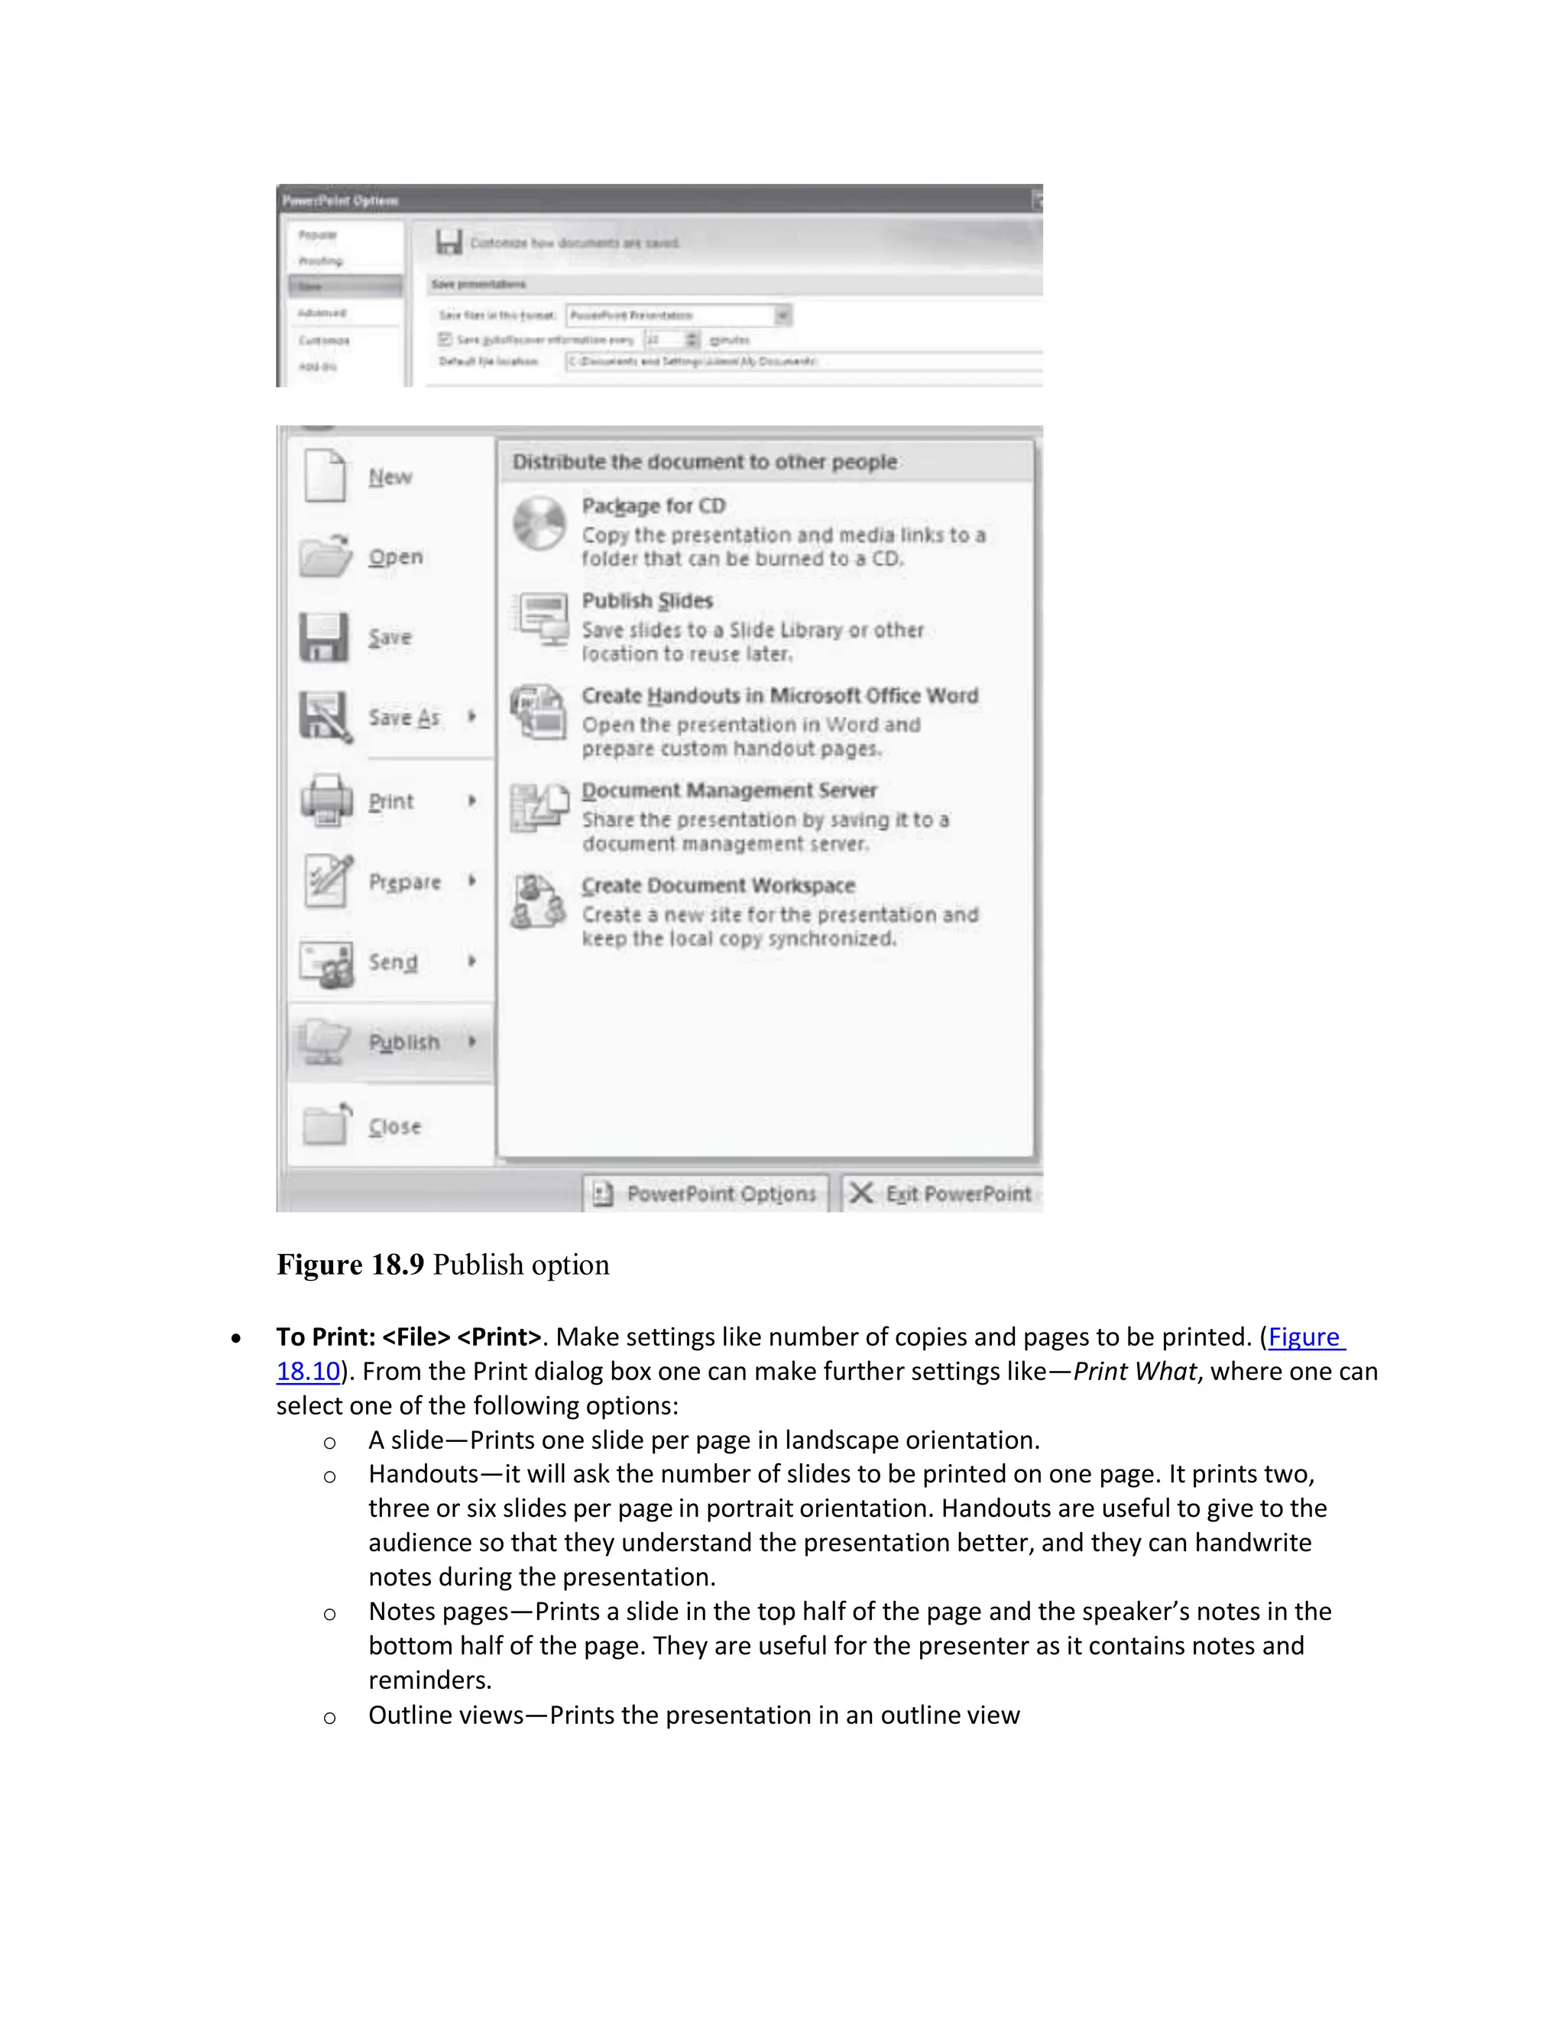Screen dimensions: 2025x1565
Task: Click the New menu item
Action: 390,477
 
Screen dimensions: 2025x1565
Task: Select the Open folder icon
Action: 326,556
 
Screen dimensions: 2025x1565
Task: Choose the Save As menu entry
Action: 404,717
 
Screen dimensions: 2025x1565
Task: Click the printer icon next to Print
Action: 326,800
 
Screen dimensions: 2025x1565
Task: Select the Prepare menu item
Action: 404,881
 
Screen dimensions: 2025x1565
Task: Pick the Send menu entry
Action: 393,961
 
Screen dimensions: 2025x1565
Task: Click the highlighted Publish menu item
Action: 404,1042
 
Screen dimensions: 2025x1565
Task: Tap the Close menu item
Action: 395,1126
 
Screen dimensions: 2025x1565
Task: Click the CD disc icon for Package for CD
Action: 539,523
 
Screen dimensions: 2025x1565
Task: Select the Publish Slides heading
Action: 647,601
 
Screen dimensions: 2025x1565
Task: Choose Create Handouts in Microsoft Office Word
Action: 779,695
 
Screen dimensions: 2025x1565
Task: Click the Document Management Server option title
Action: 729,790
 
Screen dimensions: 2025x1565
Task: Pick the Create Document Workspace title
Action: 718,886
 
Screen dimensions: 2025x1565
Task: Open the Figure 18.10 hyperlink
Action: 1305,1337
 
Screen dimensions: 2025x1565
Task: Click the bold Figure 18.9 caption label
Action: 351,1265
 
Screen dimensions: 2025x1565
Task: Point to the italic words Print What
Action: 1134,1372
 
